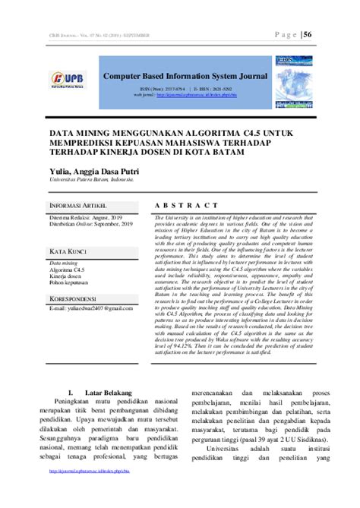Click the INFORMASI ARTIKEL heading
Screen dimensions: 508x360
(78, 206)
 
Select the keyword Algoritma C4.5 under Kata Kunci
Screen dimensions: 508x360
(68, 270)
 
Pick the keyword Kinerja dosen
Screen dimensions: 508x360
(67, 276)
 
